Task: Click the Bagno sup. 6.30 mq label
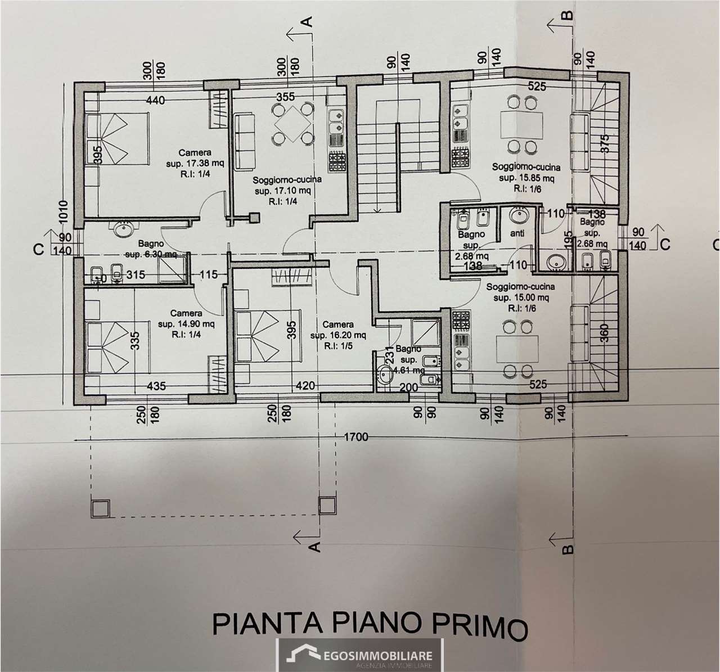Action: (x=151, y=249)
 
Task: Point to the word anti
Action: (x=516, y=233)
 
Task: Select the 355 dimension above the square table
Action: (x=285, y=97)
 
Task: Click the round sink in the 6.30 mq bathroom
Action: (x=123, y=228)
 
